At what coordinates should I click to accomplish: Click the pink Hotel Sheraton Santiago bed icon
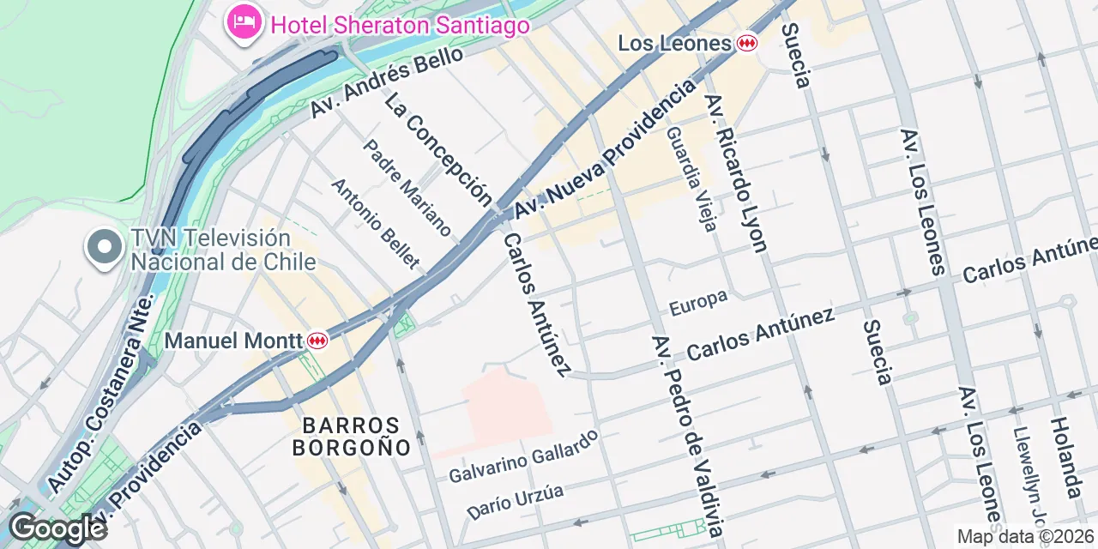(244, 21)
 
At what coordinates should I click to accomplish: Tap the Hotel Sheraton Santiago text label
(400, 26)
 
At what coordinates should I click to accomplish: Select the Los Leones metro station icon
(747, 43)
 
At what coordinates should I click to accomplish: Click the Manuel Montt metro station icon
(317, 341)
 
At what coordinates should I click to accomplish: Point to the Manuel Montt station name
(233, 341)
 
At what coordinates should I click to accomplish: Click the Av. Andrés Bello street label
(387, 82)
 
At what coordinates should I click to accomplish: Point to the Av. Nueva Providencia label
(604, 151)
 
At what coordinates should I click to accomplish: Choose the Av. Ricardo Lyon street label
(734, 174)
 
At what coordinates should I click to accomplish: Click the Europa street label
(698, 302)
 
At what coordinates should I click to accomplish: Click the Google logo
(57, 528)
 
